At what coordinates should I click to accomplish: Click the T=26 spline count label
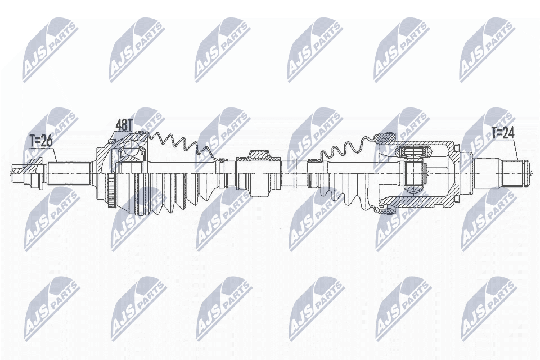coord(40,141)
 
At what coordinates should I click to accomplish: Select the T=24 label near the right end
coord(503,133)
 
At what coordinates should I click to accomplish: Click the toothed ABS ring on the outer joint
coord(111,192)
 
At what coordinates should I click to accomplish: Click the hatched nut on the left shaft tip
coord(35,163)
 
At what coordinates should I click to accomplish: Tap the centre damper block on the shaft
coord(259,174)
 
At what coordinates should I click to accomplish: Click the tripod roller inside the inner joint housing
coord(413,169)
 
